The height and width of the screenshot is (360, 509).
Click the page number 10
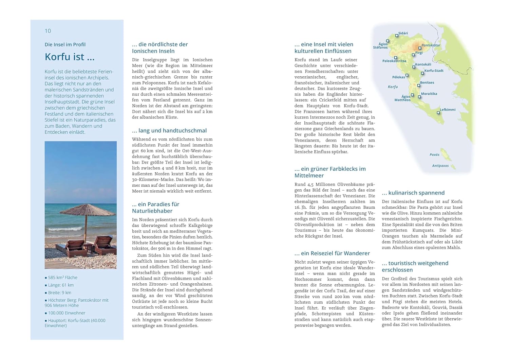point(48,31)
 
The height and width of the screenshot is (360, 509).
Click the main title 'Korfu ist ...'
point(70,57)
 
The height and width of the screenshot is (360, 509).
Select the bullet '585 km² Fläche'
point(62,278)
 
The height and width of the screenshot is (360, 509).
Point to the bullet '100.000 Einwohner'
point(67,313)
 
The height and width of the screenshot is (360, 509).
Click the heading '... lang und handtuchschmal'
point(169,131)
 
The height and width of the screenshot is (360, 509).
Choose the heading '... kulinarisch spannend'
point(413,193)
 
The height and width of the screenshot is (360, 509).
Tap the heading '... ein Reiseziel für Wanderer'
point(332,253)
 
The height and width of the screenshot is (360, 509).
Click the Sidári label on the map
point(403,33)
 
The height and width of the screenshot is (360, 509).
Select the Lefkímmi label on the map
point(448,110)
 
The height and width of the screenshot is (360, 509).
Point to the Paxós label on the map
point(434,155)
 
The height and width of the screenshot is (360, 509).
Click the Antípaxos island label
point(440,166)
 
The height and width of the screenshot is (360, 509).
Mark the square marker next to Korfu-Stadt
point(422,73)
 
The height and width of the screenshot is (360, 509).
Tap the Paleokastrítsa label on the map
point(394,61)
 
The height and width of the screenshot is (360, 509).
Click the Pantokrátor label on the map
point(431,45)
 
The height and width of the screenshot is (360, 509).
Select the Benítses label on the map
point(427,82)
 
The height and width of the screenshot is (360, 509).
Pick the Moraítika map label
point(429,94)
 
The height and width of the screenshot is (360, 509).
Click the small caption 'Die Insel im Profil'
point(65,44)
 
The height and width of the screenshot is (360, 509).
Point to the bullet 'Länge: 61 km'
point(61,285)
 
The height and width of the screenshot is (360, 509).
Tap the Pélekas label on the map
point(398,77)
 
